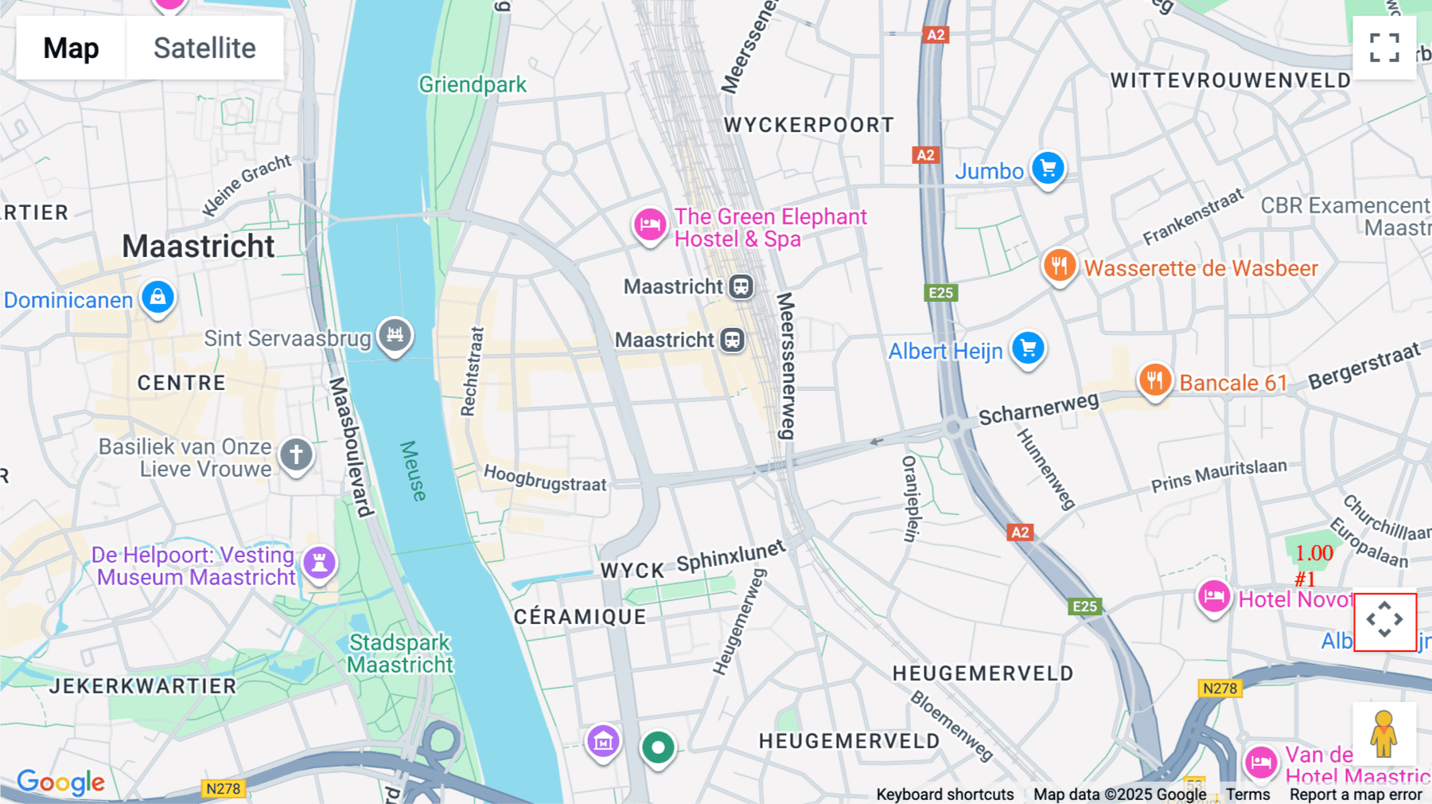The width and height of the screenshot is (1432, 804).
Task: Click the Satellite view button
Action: pos(204,48)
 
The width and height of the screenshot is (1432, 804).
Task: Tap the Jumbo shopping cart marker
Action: pos(1048,169)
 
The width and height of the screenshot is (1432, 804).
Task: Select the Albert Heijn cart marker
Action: pos(1028,349)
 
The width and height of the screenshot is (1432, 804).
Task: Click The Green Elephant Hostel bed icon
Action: pos(650,224)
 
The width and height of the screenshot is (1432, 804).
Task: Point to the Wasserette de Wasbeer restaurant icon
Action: pos(1059,266)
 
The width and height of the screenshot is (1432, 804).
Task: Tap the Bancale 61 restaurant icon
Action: pos(1154,381)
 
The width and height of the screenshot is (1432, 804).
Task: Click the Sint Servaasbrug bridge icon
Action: pos(395,335)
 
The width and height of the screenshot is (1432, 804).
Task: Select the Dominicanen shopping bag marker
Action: pos(158,298)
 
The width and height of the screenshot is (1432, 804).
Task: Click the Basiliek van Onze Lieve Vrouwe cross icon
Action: pos(296,455)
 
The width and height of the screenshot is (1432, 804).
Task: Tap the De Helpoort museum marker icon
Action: pos(319,563)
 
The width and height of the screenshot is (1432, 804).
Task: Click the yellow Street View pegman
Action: pos(1383,734)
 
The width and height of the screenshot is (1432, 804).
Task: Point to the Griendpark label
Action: pos(473,84)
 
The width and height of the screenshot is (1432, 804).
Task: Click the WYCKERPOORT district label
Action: pos(808,125)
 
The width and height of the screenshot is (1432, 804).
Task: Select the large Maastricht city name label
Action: pos(198,246)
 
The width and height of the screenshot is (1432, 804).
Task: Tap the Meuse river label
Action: pos(413,470)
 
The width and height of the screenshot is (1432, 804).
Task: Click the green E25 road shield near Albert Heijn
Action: pos(940,293)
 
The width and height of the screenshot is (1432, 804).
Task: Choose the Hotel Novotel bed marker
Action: pos(1214,596)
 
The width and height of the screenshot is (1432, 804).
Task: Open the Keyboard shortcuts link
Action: pos(944,794)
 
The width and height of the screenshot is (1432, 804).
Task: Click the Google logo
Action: pos(60,783)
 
